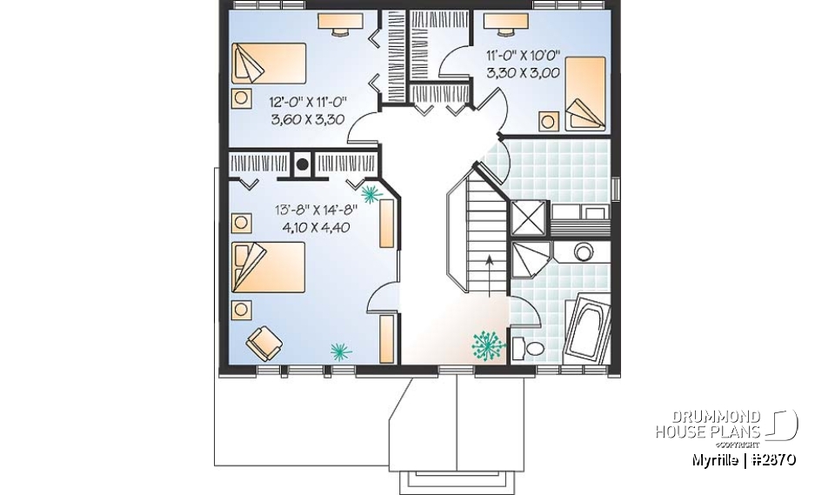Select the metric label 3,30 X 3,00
pos(522,75)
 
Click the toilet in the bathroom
pos(528,349)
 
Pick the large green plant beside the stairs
pos(488,344)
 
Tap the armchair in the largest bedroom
pos(264,342)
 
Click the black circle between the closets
pos(303,164)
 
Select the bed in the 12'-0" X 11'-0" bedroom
pos(270,66)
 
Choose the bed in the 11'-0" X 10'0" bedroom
pos(585,89)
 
